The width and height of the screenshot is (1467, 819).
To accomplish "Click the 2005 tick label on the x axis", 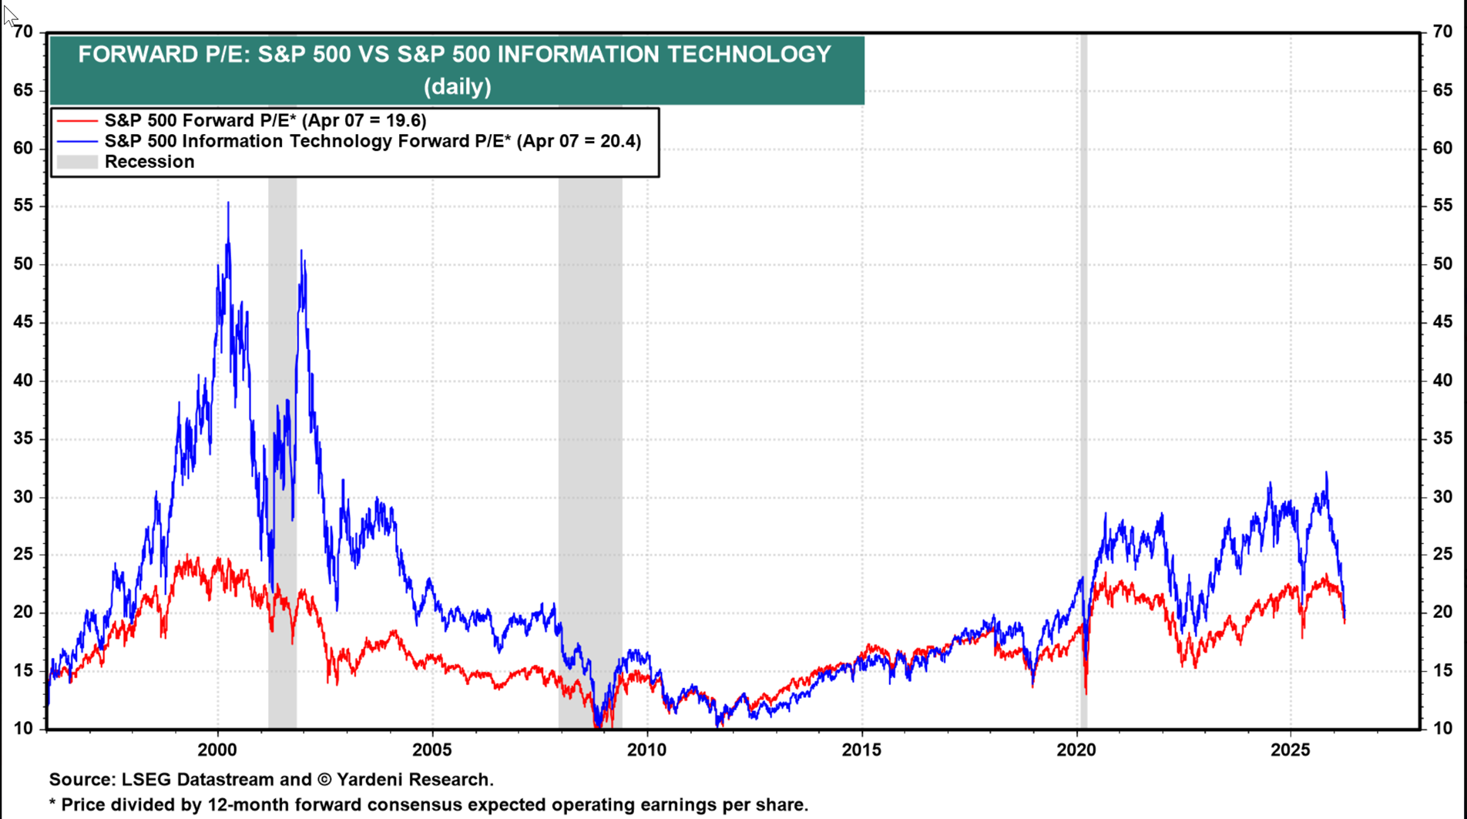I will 431,750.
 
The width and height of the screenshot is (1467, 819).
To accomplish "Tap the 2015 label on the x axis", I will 861,750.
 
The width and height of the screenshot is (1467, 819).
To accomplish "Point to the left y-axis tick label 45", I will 23,322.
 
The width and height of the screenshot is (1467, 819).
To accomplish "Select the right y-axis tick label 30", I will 1442,497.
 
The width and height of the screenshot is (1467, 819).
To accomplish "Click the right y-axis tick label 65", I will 1442,90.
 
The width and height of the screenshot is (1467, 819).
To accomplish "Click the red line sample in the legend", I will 77,121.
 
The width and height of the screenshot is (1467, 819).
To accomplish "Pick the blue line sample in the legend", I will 77,142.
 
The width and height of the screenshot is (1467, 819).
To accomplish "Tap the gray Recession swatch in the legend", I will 77,162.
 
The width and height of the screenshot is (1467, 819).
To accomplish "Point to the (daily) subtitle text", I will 457,86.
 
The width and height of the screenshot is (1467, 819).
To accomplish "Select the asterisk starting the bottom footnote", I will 52,804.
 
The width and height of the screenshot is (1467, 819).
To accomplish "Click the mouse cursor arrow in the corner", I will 8,15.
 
